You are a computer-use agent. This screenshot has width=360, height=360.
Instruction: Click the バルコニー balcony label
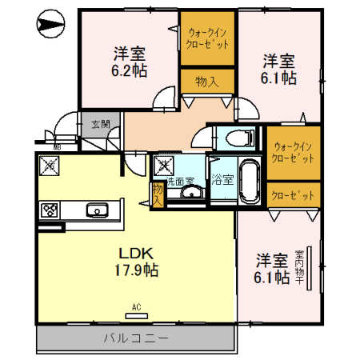coord(135,338)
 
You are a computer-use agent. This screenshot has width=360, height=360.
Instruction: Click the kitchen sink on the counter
coord(98,210)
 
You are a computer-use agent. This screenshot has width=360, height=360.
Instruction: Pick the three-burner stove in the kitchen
coord(50,210)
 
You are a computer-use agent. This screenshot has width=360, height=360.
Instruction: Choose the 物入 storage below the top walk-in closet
coord(206,82)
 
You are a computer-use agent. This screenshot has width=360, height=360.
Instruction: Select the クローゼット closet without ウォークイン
coord(293,194)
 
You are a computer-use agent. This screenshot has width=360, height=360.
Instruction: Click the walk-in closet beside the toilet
coord(293,153)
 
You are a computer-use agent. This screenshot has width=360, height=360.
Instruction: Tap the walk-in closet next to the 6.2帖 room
coord(207,39)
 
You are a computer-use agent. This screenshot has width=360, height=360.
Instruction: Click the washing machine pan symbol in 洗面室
coord(165,166)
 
